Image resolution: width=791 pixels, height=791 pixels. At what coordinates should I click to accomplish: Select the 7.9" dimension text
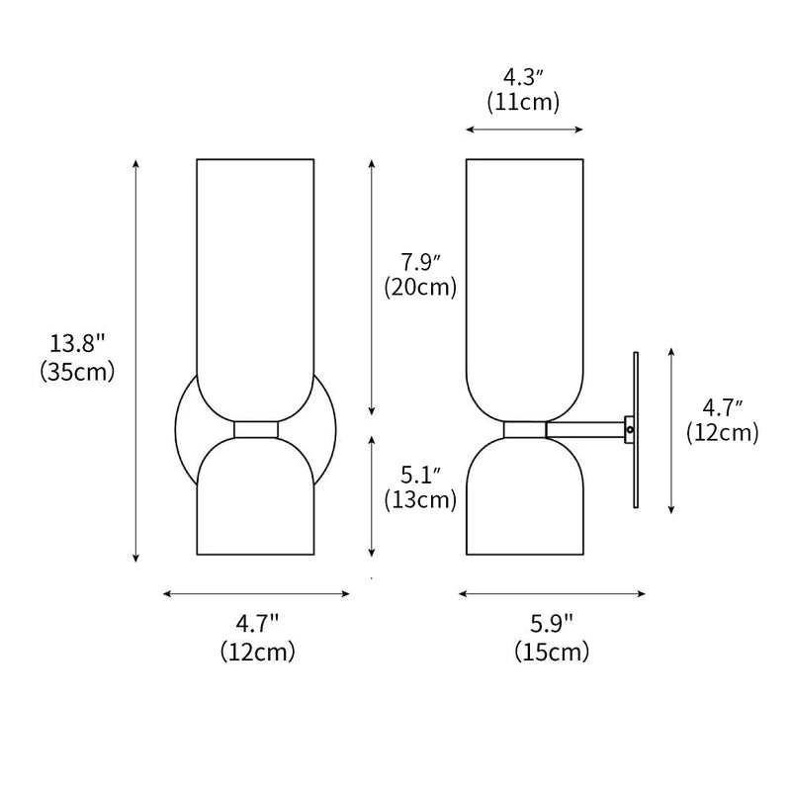pyautogui.click(x=420, y=263)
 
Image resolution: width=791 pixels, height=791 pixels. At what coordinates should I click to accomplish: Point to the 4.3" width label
pyautogui.click(x=523, y=76)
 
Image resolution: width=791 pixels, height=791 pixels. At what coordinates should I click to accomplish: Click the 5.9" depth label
pyautogui.click(x=552, y=624)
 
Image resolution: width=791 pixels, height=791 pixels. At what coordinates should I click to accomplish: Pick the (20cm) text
pyautogui.click(x=420, y=288)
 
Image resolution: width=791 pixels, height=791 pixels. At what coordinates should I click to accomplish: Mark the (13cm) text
pyautogui.click(x=420, y=500)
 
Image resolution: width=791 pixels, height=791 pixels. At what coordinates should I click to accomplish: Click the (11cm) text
pyautogui.click(x=523, y=101)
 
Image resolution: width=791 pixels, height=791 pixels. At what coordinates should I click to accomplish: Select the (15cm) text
pyautogui.click(x=552, y=652)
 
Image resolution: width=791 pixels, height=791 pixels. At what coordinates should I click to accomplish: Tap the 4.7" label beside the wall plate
pyautogui.click(x=723, y=406)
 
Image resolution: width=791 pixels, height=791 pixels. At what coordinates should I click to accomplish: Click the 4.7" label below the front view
pyautogui.click(x=257, y=624)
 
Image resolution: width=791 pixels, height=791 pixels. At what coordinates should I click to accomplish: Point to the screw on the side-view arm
pyautogui.click(x=629, y=429)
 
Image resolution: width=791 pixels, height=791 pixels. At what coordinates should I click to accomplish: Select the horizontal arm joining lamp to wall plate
pyautogui.click(x=583, y=429)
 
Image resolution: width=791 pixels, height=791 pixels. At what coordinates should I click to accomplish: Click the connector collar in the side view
pyautogui.click(x=524, y=430)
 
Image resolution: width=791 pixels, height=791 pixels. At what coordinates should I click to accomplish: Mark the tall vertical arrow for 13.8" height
pyautogui.click(x=136, y=361)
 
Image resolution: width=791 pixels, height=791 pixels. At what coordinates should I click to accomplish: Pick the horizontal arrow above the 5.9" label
pyautogui.click(x=552, y=594)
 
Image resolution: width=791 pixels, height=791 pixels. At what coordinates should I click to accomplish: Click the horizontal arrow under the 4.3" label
pyautogui.click(x=524, y=130)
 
